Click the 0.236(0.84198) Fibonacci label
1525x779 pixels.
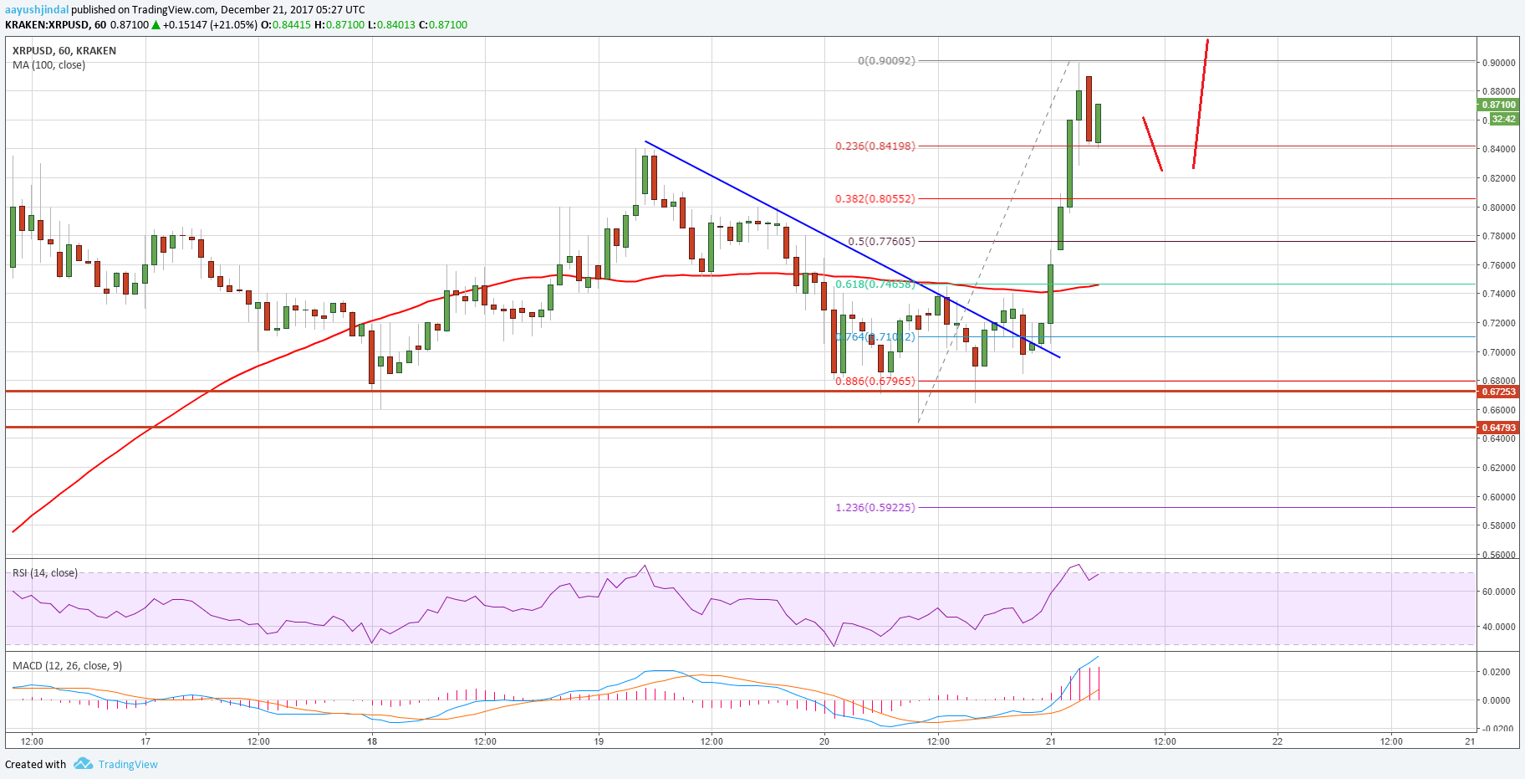(x=875, y=146)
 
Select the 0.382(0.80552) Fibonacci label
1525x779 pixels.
(x=875, y=199)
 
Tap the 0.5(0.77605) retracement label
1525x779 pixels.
(x=881, y=242)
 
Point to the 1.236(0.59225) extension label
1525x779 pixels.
(x=875, y=508)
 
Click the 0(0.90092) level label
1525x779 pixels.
(x=886, y=61)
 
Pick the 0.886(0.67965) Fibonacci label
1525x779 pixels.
(x=875, y=382)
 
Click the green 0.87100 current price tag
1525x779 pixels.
(x=1498, y=105)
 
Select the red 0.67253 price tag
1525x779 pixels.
(x=1498, y=392)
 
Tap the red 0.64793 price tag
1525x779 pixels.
(x=1498, y=428)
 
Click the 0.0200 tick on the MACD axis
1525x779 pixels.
(x=1497, y=672)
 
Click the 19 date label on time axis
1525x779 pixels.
(x=599, y=741)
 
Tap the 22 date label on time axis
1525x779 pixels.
(x=1278, y=741)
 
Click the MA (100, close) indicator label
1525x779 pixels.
(x=48, y=65)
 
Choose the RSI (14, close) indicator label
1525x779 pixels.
(x=45, y=573)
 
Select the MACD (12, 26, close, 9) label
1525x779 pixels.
(x=67, y=666)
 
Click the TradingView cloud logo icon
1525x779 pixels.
(x=83, y=764)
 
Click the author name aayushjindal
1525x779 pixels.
(x=37, y=10)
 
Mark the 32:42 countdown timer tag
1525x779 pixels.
(x=1503, y=120)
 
